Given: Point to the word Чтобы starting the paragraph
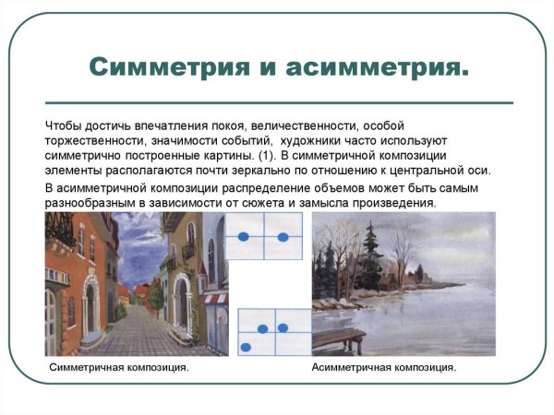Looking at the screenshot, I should (66, 125).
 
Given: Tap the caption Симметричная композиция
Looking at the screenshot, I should (118, 368).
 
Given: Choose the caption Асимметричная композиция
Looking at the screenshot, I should (384, 368).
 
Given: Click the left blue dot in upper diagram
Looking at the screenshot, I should (244, 238).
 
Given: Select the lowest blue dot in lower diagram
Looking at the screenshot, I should (247, 347).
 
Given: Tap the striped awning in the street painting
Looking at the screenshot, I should (215, 298).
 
